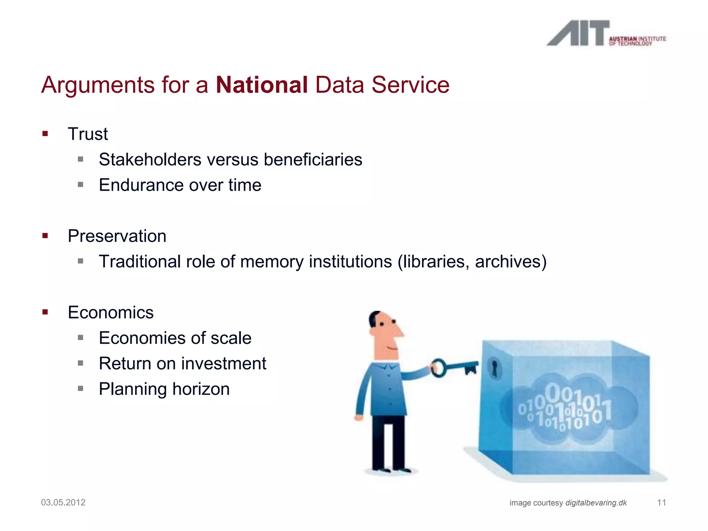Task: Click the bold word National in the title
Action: click(262, 85)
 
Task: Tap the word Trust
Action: click(88, 134)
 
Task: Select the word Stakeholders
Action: click(150, 160)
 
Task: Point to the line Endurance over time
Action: click(180, 185)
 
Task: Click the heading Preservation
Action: click(117, 236)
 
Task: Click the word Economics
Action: click(111, 313)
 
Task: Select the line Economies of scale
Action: click(175, 338)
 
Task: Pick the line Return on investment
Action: click(182, 364)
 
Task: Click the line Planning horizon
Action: click(164, 389)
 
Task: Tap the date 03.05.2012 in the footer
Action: click(63, 503)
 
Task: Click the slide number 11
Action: click(661, 503)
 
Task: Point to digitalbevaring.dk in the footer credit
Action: click(596, 503)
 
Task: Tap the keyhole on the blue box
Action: click(495, 369)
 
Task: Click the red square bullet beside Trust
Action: click(45, 134)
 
